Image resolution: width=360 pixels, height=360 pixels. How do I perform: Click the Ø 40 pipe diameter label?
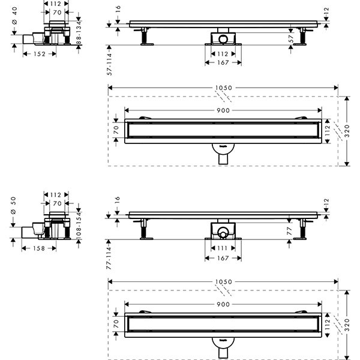pyautogui.click(x=14, y=20)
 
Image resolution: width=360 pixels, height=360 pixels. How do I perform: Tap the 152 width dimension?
pyautogui.click(x=40, y=53)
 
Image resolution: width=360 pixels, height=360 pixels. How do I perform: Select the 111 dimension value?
pyautogui.click(x=223, y=248)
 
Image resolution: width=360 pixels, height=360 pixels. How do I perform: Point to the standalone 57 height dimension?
pyautogui.click(x=290, y=37)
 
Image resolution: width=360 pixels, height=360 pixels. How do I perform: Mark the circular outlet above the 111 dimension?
pyautogui.click(x=223, y=232)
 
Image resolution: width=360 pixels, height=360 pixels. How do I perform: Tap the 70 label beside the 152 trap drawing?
pyautogui.click(x=56, y=11)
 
